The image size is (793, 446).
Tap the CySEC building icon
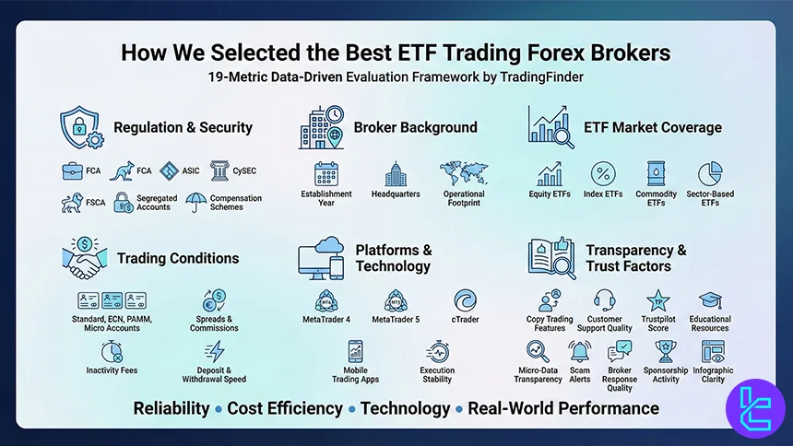220,170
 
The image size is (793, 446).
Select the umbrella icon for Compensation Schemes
195,202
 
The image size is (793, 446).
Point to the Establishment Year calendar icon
326,173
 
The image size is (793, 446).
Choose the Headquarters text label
396,194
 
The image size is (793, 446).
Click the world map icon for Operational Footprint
464,172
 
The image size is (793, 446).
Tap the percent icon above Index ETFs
604,173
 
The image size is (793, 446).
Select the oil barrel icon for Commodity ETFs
656,173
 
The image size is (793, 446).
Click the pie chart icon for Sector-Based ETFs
710,173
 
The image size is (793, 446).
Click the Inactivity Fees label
112,371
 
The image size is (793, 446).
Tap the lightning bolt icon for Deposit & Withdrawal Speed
215,351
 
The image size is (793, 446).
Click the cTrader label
465,320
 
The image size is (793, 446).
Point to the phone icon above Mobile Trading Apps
356,351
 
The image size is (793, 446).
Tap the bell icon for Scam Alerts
580,351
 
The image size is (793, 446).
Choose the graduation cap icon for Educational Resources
709,301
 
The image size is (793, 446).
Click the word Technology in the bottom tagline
405,408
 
